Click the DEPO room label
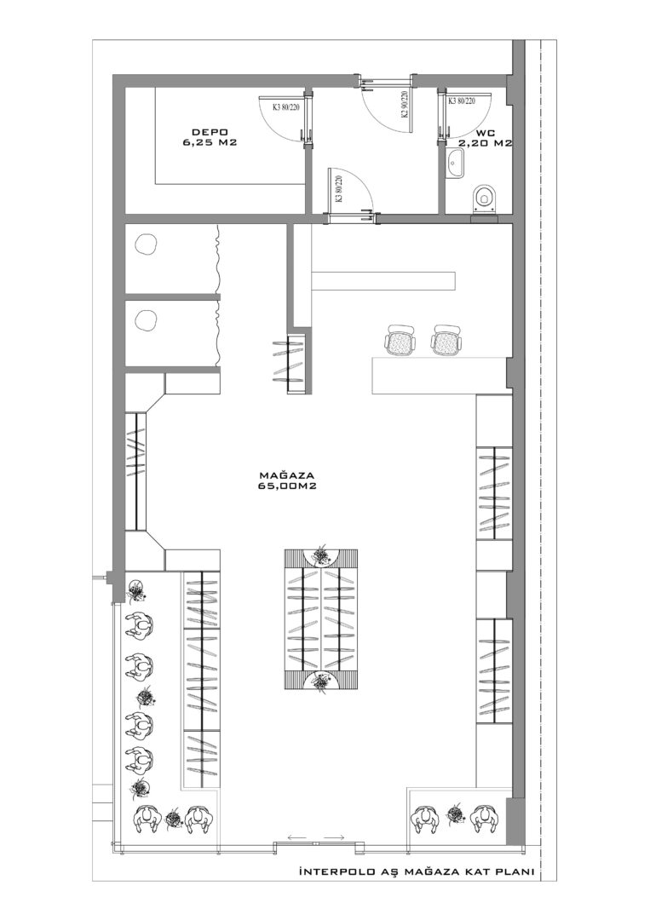(x=205, y=131)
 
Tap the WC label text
(x=486, y=133)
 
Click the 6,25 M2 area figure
(x=210, y=142)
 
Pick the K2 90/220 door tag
(x=405, y=105)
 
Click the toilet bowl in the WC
(x=484, y=198)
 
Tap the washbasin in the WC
(x=454, y=163)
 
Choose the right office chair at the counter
(x=447, y=340)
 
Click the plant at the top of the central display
(x=321, y=554)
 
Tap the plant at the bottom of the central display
(x=321, y=682)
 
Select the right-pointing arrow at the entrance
(x=335, y=837)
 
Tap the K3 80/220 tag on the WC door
(x=462, y=101)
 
